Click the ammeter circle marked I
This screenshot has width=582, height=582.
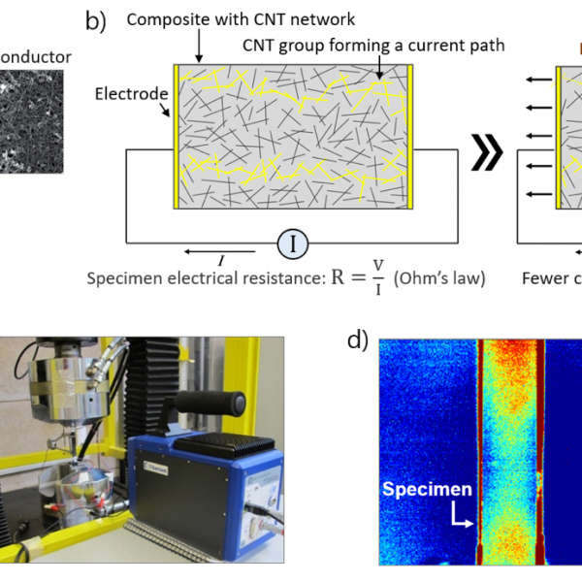[292, 244]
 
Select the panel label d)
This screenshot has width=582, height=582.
[358, 340]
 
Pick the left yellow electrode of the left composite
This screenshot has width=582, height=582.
[175, 137]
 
